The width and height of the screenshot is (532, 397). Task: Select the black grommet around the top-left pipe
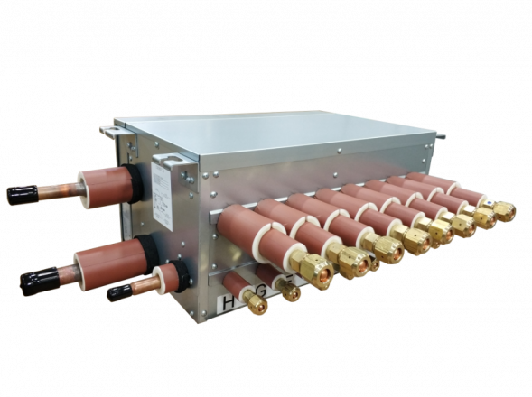[x=124, y=172]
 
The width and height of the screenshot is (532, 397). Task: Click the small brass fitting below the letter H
[x=257, y=306]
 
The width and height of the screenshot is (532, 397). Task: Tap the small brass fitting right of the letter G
[x=289, y=291]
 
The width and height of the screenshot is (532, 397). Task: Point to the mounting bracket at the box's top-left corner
[x=109, y=130]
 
